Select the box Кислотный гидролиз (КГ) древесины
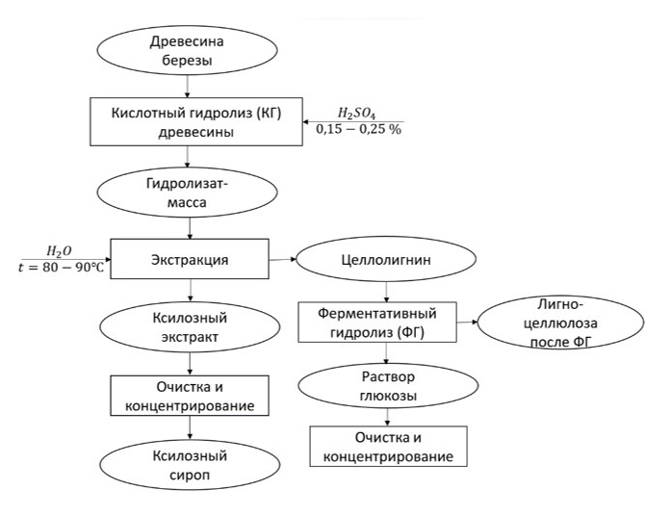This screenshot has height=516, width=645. [193, 123]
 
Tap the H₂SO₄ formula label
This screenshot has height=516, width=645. [354, 113]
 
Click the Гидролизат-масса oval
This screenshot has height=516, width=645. [193, 193]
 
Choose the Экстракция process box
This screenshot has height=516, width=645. [193, 259]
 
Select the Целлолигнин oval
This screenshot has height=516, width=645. [386, 260]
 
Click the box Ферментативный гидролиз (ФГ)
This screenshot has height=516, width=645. [386, 322]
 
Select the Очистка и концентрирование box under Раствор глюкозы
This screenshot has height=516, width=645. [386, 446]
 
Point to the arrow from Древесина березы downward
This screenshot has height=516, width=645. [193, 89]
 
